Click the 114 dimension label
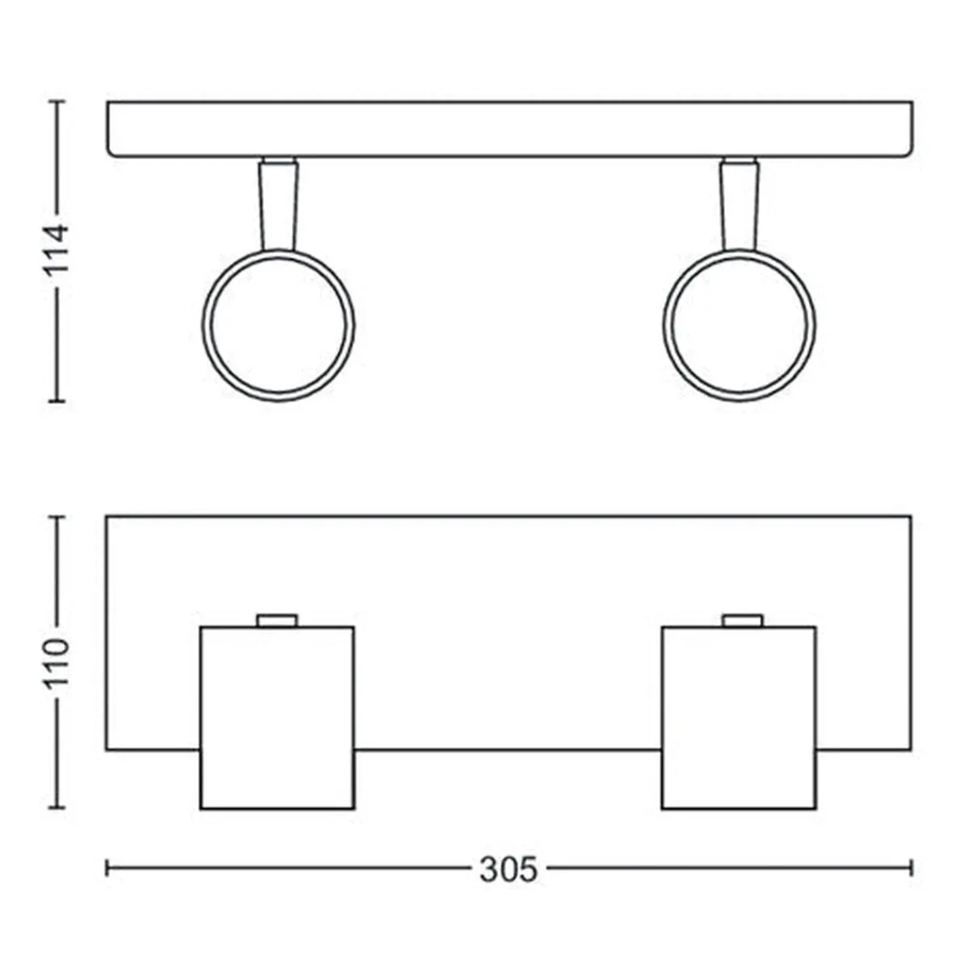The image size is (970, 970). [57, 250]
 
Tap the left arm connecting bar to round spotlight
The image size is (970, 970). [278, 204]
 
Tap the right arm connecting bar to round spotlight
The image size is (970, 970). [740, 204]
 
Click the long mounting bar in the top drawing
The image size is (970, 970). [510, 130]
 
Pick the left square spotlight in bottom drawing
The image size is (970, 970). [277, 718]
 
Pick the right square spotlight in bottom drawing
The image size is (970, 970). [739, 718]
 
